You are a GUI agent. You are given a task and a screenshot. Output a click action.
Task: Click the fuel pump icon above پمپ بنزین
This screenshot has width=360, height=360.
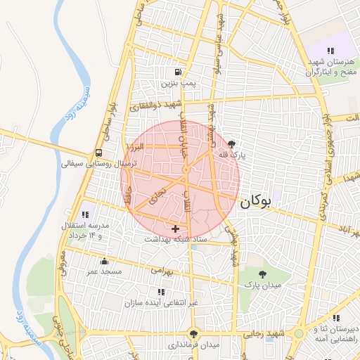[x=177, y=72]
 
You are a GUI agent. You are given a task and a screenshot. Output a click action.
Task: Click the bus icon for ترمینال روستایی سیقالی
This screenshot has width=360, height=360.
[x=98, y=153]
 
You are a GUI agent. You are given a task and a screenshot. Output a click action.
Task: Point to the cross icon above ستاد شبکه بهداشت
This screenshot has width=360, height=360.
[x=175, y=228]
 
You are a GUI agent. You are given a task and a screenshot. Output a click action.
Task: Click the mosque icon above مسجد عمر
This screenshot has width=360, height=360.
[x=105, y=260]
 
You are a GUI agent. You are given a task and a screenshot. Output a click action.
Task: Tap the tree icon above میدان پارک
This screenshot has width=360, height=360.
[x=262, y=274]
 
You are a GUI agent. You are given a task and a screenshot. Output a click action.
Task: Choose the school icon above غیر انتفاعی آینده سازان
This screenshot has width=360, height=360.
[x=162, y=292]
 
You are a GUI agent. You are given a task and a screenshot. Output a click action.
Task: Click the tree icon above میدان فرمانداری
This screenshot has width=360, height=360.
[x=194, y=334]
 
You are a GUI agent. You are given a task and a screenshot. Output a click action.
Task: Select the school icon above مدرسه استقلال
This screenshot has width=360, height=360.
[x=86, y=214]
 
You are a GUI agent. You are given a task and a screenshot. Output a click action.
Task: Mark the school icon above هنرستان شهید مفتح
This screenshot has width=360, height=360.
[x=330, y=50]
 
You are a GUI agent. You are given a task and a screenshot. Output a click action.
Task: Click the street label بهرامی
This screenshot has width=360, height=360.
[x=161, y=269]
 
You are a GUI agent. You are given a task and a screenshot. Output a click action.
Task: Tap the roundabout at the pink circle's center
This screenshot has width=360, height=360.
[x=186, y=171]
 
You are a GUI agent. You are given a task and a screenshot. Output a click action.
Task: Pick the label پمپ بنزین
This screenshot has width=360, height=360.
[x=177, y=83]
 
